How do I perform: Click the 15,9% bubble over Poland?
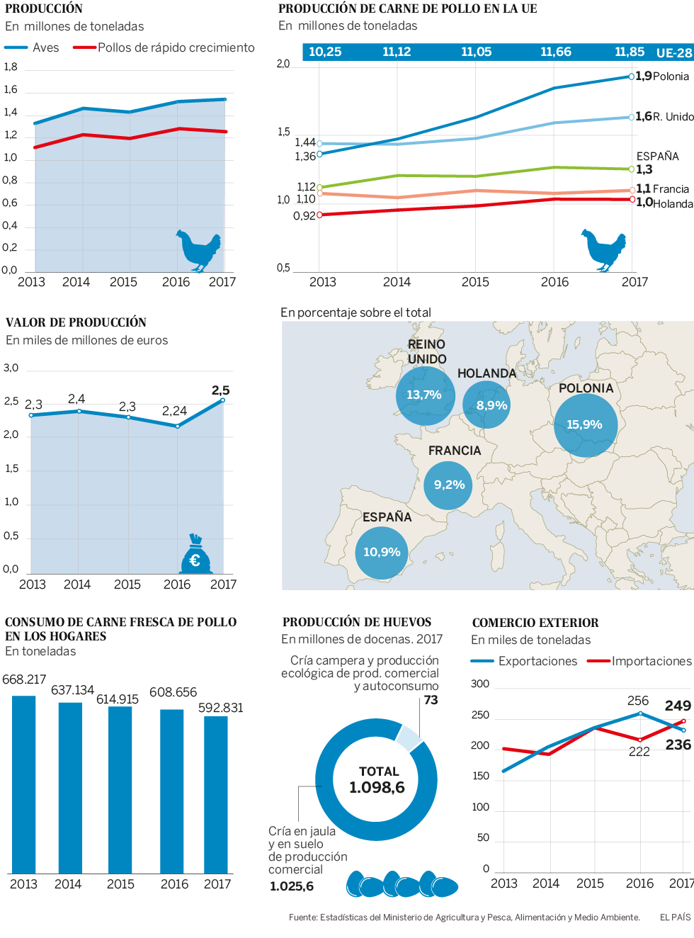(x=585, y=424)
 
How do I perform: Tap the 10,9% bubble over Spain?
(x=382, y=552)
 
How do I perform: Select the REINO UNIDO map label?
(x=427, y=351)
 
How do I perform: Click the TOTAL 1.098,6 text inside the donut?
(x=377, y=780)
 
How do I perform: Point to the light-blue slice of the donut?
(x=409, y=737)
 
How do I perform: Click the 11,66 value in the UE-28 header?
(x=555, y=52)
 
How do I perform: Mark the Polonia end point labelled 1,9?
(x=632, y=77)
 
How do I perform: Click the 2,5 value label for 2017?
(x=220, y=390)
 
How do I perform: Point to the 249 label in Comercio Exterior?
(x=678, y=706)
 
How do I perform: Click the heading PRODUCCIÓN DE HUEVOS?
(x=357, y=622)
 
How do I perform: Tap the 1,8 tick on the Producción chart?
(x=11, y=67)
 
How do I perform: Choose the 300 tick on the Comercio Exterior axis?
(x=480, y=684)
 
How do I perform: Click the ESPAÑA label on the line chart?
(x=657, y=156)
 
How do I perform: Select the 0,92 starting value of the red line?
(x=305, y=216)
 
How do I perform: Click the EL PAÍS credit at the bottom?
(x=675, y=917)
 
